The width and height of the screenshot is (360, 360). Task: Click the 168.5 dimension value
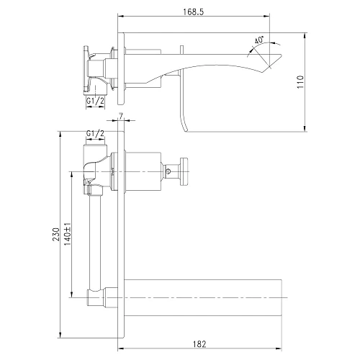point(194,12)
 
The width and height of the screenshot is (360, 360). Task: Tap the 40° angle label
point(258,40)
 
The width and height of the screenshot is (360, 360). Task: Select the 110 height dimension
point(300,82)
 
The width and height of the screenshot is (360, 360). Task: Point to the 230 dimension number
point(56,235)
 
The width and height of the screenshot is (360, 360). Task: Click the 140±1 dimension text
point(68,234)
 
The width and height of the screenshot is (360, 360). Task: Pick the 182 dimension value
point(199,344)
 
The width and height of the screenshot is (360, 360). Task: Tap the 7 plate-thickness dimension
point(121,116)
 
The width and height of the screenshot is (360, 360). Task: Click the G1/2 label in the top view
point(95,101)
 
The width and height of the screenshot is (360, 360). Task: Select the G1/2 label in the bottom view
point(95,133)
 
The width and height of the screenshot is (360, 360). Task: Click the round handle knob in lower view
point(184,171)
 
